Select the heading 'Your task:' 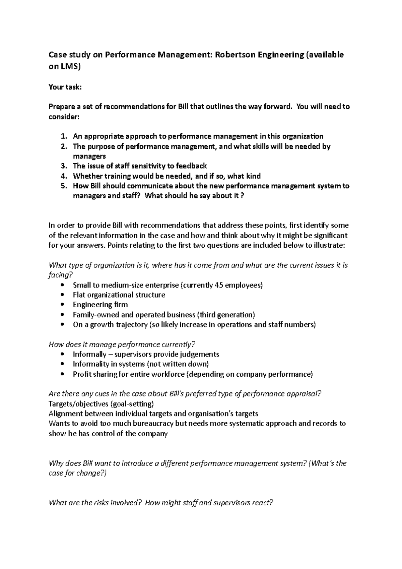[65, 87]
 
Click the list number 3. [64, 166]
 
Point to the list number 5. [64, 186]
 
